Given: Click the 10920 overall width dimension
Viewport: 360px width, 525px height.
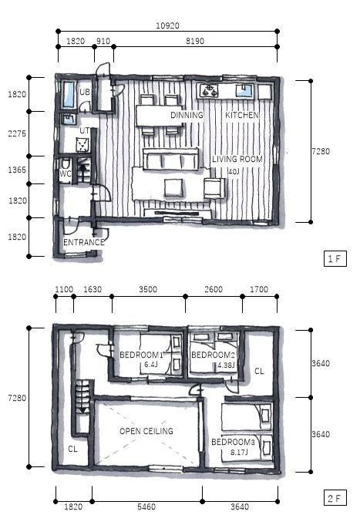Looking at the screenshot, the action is pyautogui.click(x=167, y=25).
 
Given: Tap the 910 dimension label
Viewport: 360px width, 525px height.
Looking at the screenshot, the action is pyautogui.click(x=103, y=41).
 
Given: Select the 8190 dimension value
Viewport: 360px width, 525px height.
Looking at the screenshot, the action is pyautogui.click(x=195, y=41).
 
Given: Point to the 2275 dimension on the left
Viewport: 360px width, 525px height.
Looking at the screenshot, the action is pyautogui.click(x=17, y=133).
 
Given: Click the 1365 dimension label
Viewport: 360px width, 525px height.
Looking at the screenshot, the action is pyautogui.click(x=17, y=170).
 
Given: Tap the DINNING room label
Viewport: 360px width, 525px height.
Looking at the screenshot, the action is pyautogui.click(x=187, y=115).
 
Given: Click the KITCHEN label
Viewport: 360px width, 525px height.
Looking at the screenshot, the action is pyautogui.click(x=242, y=115).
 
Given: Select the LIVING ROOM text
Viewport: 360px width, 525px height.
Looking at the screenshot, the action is pyautogui.click(x=237, y=159).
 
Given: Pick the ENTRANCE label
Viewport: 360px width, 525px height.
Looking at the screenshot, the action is pyautogui.click(x=84, y=242).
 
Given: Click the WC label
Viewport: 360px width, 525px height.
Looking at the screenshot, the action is pyautogui.click(x=66, y=173).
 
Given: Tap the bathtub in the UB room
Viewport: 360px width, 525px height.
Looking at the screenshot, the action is pyautogui.click(x=69, y=95).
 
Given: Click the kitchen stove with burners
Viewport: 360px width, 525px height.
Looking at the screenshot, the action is pyautogui.click(x=209, y=91).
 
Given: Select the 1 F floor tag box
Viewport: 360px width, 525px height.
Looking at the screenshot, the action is pyautogui.click(x=335, y=258).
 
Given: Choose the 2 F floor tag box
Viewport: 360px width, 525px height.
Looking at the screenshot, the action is pyautogui.click(x=335, y=498).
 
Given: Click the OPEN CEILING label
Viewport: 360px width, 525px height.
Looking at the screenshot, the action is pyautogui.click(x=146, y=431).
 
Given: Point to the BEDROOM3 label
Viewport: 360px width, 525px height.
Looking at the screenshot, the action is pyautogui.click(x=233, y=442).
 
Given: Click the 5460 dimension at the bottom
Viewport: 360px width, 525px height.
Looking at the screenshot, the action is pyautogui.click(x=146, y=506).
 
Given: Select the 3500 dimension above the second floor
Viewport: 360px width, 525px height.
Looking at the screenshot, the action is pyautogui.click(x=148, y=289).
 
